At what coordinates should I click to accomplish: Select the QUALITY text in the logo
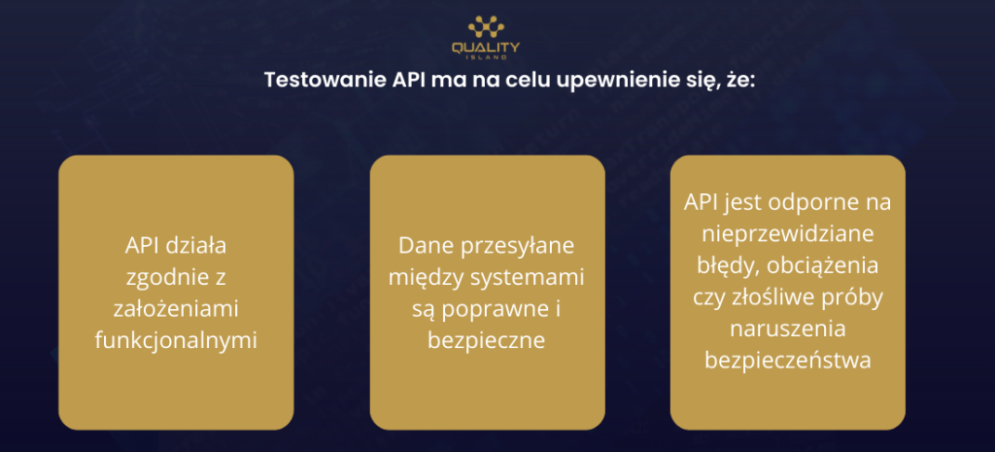point(486,47)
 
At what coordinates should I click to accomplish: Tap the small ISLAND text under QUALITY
point(486,57)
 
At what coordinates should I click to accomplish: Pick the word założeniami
point(176,309)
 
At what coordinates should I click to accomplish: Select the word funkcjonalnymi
point(176,341)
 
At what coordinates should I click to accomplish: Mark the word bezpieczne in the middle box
point(487,341)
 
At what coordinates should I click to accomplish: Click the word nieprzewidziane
point(787,234)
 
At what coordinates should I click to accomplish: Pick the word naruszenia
point(787,330)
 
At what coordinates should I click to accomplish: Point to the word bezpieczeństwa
point(787,362)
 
